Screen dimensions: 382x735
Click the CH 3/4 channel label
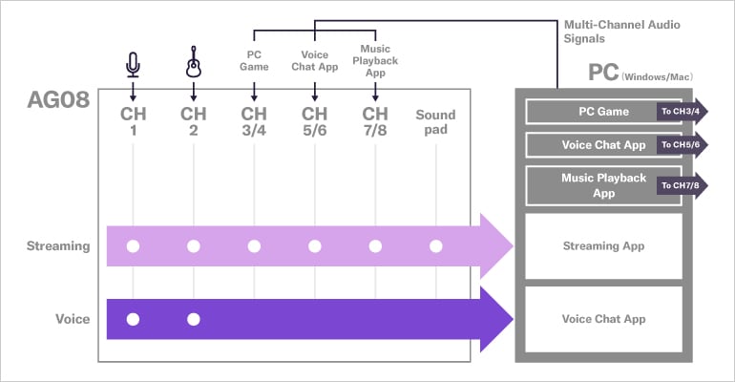(254, 121)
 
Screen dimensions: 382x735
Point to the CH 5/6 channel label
(314, 121)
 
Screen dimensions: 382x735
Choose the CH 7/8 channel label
(375, 121)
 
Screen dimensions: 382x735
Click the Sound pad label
(435, 121)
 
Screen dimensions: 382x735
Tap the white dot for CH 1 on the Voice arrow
(133, 319)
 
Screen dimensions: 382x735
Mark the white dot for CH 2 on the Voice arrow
(194, 319)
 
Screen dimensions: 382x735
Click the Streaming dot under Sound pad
(435, 246)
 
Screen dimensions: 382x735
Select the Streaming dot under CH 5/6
(314, 246)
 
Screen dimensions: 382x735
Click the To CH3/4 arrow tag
(682, 112)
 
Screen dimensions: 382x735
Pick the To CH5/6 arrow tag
(682, 146)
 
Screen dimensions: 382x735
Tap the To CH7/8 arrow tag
(682, 184)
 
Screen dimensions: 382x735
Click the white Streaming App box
(604, 246)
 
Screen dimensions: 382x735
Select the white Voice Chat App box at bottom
(604, 319)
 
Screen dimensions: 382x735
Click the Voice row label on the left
(73, 319)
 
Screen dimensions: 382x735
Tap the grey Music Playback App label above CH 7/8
(375, 60)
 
